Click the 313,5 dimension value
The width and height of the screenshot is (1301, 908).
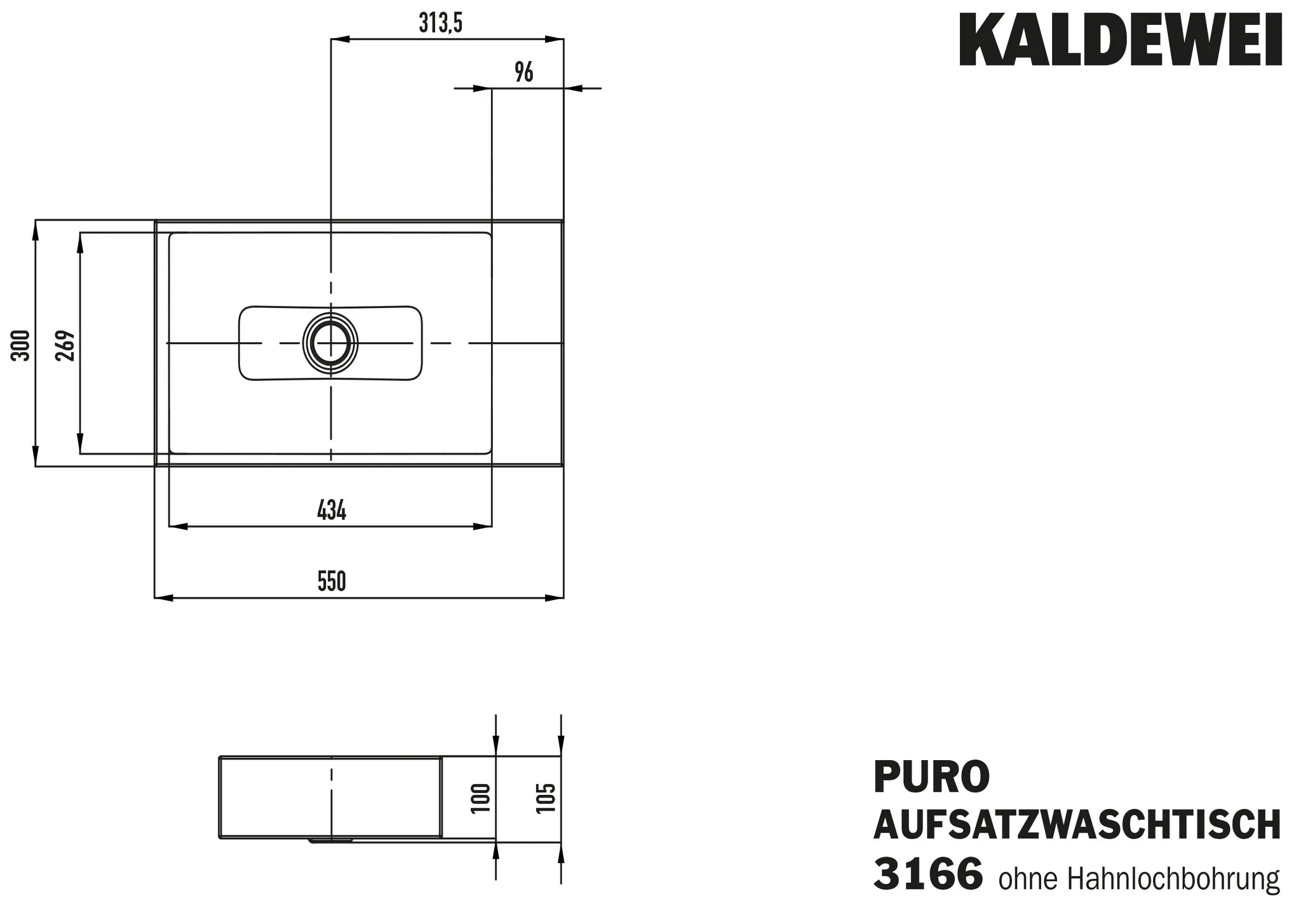(440, 24)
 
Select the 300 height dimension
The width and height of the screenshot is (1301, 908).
(21, 345)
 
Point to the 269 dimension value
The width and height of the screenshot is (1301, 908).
(65, 345)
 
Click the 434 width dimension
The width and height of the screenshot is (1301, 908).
(332, 511)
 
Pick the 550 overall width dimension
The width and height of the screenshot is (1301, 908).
(332, 582)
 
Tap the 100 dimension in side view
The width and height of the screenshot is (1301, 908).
(482, 798)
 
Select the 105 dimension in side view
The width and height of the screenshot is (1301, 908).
(546, 798)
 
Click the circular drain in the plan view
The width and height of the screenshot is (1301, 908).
(330, 342)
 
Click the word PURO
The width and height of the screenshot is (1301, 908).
(931, 777)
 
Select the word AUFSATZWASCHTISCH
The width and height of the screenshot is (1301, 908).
(1077, 825)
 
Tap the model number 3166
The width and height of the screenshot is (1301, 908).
(928, 874)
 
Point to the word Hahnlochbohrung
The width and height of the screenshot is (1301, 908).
(1173, 879)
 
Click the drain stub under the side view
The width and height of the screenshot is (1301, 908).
(330, 841)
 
